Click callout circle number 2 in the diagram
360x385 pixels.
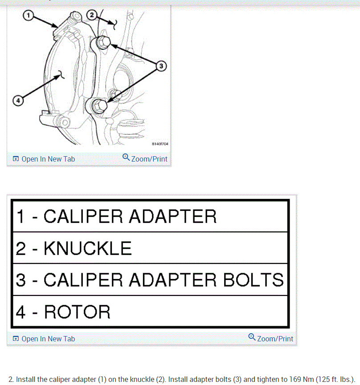pyautogui.click(x=91, y=16)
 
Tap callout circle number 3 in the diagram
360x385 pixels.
pyautogui.click(x=161, y=66)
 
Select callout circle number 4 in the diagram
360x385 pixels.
pyautogui.click(x=18, y=101)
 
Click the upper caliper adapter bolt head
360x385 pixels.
pyautogui.click(x=103, y=43)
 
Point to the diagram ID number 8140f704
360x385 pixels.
pyautogui.click(x=160, y=144)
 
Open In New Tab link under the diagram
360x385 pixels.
pyautogui.click(x=48, y=159)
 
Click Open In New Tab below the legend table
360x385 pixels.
pyautogui.click(x=48, y=339)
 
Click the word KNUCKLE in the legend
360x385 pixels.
pyautogui.click(x=88, y=248)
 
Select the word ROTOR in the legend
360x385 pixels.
pyautogui.click(x=77, y=312)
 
